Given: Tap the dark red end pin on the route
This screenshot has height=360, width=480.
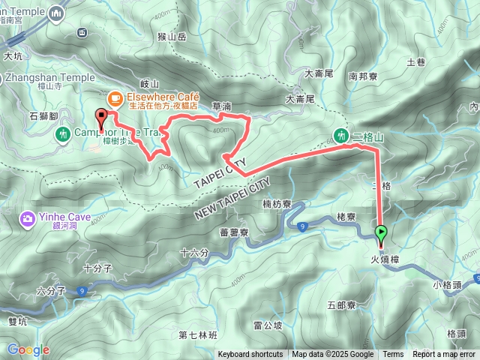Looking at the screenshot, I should tap(100, 117).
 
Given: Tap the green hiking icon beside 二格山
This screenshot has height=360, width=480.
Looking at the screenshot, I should tap(342, 136).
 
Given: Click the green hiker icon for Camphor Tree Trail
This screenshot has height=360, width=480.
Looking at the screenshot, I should tap(63, 133).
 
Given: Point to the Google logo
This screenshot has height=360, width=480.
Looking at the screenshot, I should tap(28, 349).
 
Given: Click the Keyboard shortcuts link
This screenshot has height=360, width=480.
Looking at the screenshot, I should tap(250, 355).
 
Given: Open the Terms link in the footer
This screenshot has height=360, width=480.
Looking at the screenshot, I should tap(393, 355).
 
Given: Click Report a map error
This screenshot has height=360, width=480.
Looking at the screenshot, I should tap(444, 355).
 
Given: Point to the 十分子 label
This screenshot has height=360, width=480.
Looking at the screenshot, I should tap(97, 267).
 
